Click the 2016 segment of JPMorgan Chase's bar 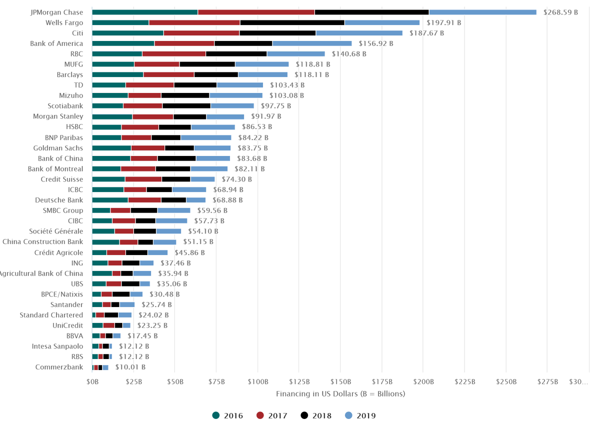click(x=144, y=12)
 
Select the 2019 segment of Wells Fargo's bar click(x=382, y=22)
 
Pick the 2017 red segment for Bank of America click(x=184, y=43)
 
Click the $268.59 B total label click(x=560, y=12)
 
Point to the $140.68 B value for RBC click(x=349, y=54)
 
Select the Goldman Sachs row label click(x=58, y=148)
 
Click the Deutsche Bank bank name click(x=59, y=200)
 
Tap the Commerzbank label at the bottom click(x=59, y=367)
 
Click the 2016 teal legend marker click(x=216, y=415)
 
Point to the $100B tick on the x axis click(x=257, y=382)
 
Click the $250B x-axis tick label click(x=506, y=382)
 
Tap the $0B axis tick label click(x=92, y=382)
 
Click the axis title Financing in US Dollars click(x=340, y=393)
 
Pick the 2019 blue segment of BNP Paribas click(x=205, y=137)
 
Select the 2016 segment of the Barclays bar click(x=117, y=74)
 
